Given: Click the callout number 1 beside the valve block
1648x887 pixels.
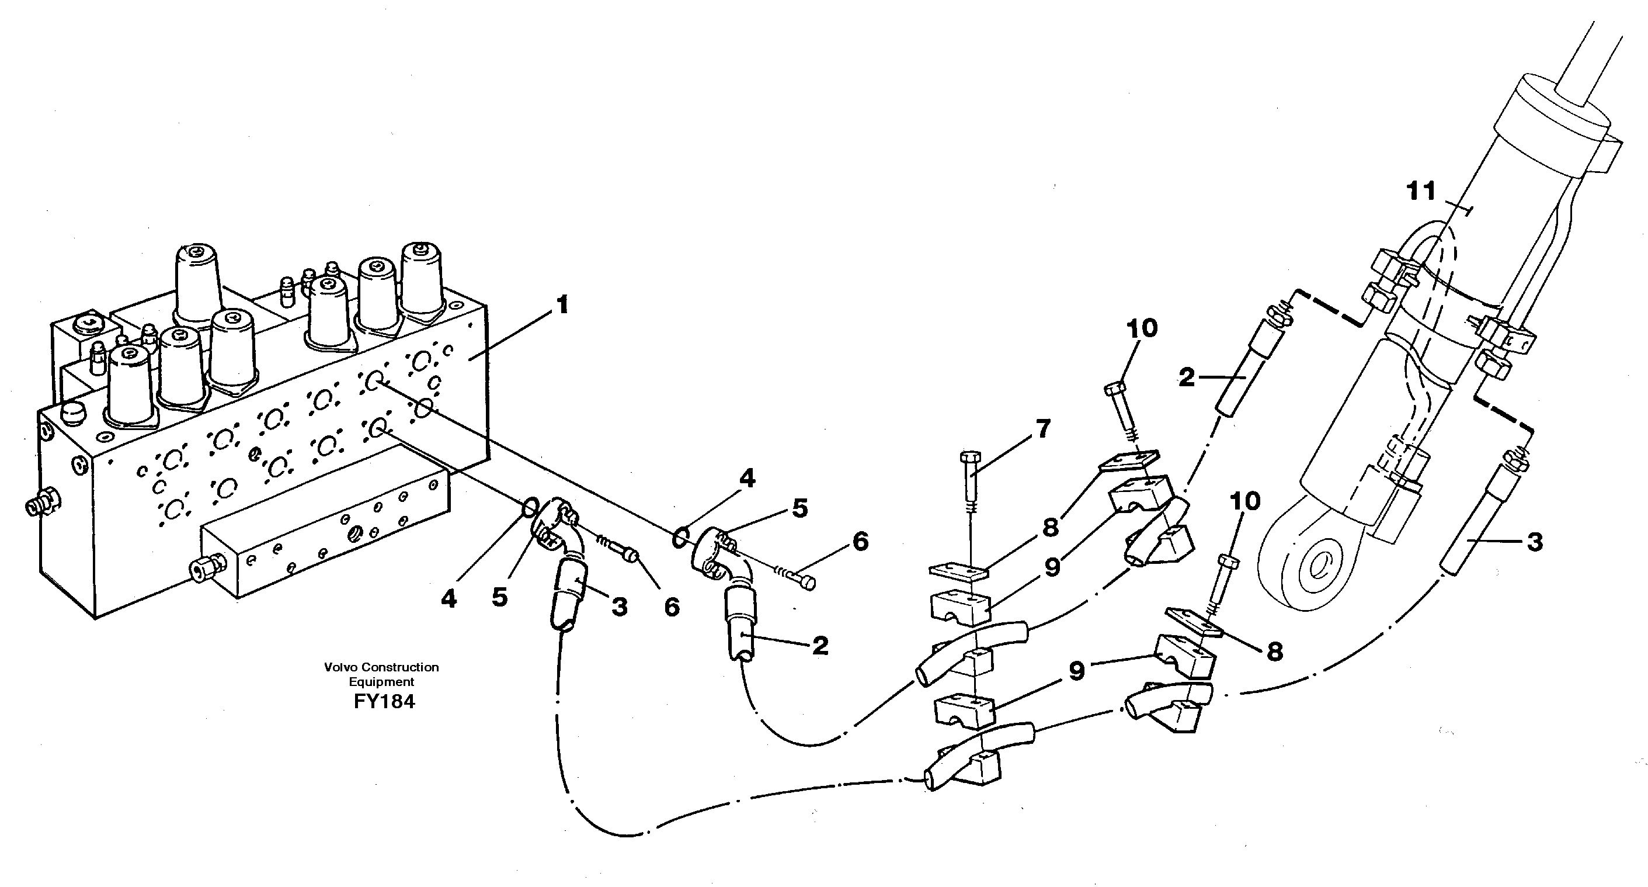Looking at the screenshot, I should [562, 305].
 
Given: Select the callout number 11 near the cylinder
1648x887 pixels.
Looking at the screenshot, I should [1421, 191].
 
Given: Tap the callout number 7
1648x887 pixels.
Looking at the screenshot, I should [1043, 429].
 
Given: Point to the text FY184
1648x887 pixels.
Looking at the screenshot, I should [384, 701].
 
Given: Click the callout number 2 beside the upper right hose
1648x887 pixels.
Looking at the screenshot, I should [1187, 377].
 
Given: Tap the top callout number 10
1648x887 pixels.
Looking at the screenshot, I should [1142, 328].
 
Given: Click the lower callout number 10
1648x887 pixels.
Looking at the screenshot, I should [1244, 501].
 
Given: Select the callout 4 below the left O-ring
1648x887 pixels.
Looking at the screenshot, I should [449, 598].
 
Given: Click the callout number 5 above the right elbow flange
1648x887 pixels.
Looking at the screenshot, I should [799, 508].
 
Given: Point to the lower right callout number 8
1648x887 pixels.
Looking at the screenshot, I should [1274, 652].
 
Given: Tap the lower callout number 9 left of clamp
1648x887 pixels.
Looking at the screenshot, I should [1077, 671].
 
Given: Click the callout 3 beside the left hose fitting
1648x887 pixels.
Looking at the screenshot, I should [619, 607].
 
